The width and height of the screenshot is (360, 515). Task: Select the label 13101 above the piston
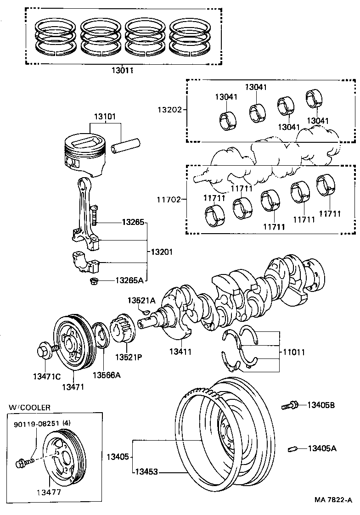tap(105, 117)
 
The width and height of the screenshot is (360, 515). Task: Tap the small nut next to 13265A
tap(94, 281)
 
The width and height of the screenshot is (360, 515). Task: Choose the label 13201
tap(162, 252)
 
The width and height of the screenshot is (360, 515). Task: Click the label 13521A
tap(141, 300)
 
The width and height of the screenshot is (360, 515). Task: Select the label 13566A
tap(106, 375)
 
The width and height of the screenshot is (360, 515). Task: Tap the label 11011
tap(294, 353)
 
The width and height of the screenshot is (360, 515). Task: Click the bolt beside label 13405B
tap(290, 405)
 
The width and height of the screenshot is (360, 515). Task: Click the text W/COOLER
tap(29, 407)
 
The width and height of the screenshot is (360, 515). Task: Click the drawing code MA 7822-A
tap(332, 500)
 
